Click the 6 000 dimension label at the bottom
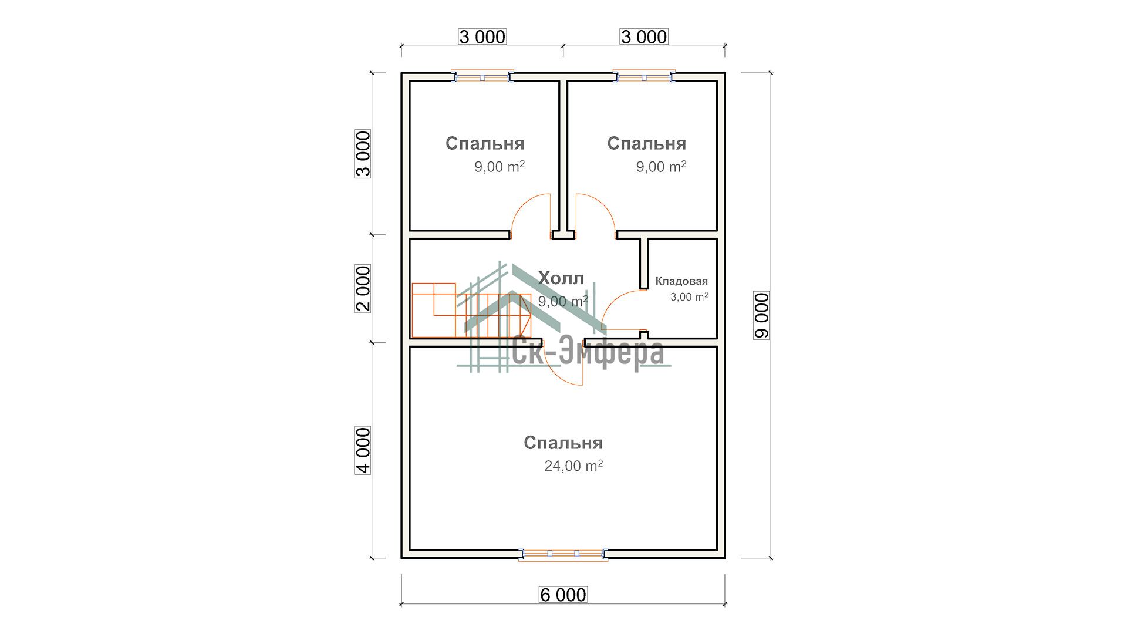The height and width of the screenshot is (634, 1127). (563, 595)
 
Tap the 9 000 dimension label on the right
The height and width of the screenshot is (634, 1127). (761, 315)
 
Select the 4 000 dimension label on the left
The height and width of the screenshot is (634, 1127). (363, 450)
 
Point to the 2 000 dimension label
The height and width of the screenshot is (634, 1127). (363, 289)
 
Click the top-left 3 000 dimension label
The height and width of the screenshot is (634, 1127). (482, 36)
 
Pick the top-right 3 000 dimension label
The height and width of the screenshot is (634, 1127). (644, 36)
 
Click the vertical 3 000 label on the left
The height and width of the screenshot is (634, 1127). (363, 154)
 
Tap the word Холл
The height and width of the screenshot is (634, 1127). (561, 278)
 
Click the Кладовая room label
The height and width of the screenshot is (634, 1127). (681, 281)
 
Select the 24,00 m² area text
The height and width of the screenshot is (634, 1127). (573, 466)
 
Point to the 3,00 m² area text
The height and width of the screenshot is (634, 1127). (689, 296)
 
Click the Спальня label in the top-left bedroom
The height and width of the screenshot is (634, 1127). (485, 143)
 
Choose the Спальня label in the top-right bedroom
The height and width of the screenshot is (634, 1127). (647, 143)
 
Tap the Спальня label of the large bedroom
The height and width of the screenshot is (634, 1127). (563, 443)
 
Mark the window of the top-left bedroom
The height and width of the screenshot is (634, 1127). (482, 77)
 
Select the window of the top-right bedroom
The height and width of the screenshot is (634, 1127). (644, 77)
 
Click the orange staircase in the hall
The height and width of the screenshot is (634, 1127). (471, 310)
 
